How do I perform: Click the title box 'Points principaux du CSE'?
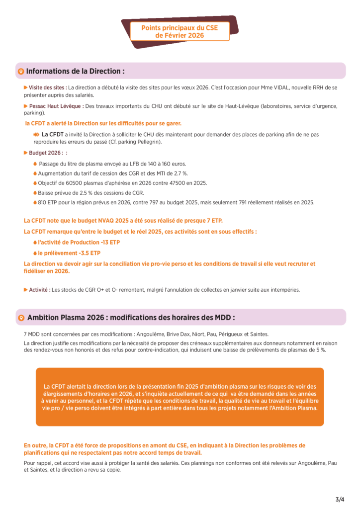[180, 31]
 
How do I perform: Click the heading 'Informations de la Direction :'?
[75, 71]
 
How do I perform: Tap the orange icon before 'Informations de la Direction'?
[20, 72]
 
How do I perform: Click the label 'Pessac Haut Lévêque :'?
[56, 106]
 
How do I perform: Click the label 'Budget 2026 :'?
[45, 153]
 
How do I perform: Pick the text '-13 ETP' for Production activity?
[109, 242]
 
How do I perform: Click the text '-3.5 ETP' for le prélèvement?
[90, 253]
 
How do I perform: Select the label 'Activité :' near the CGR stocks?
[39, 290]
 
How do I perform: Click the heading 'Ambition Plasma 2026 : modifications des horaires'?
[131, 317]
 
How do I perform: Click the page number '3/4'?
[340, 499]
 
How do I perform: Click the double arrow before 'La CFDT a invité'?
[36, 134]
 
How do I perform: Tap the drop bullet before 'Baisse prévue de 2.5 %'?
[35, 192]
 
